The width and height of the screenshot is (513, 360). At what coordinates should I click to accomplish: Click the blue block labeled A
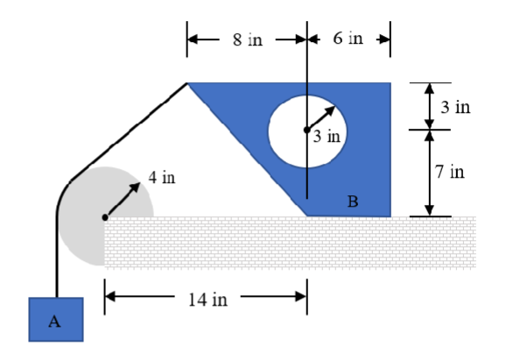tap(55, 319)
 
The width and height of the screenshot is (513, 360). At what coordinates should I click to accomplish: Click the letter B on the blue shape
tap(353, 201)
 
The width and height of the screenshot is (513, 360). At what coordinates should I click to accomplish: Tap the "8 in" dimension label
tap(248, 41)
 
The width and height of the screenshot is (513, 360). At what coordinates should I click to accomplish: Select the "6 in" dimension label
tap(348, 41)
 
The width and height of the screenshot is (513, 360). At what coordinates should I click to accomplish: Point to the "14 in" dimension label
tap(207, 300)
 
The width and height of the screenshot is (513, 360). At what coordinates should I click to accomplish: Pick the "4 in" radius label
tap(162, 178)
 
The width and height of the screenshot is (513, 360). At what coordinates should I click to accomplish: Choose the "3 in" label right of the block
tap(456, 108)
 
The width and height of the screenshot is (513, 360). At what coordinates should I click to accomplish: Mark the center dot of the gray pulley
tap(105, 216)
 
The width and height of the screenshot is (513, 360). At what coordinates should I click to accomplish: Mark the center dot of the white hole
tap(306, 130)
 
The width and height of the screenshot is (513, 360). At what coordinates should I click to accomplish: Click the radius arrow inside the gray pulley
tap(123, 201)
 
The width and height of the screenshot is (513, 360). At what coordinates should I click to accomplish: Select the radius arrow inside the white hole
tap(321, 117)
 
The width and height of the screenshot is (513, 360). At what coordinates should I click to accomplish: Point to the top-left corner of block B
tap(188, 84)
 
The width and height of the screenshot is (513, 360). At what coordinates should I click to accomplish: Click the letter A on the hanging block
tap(54, 321)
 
